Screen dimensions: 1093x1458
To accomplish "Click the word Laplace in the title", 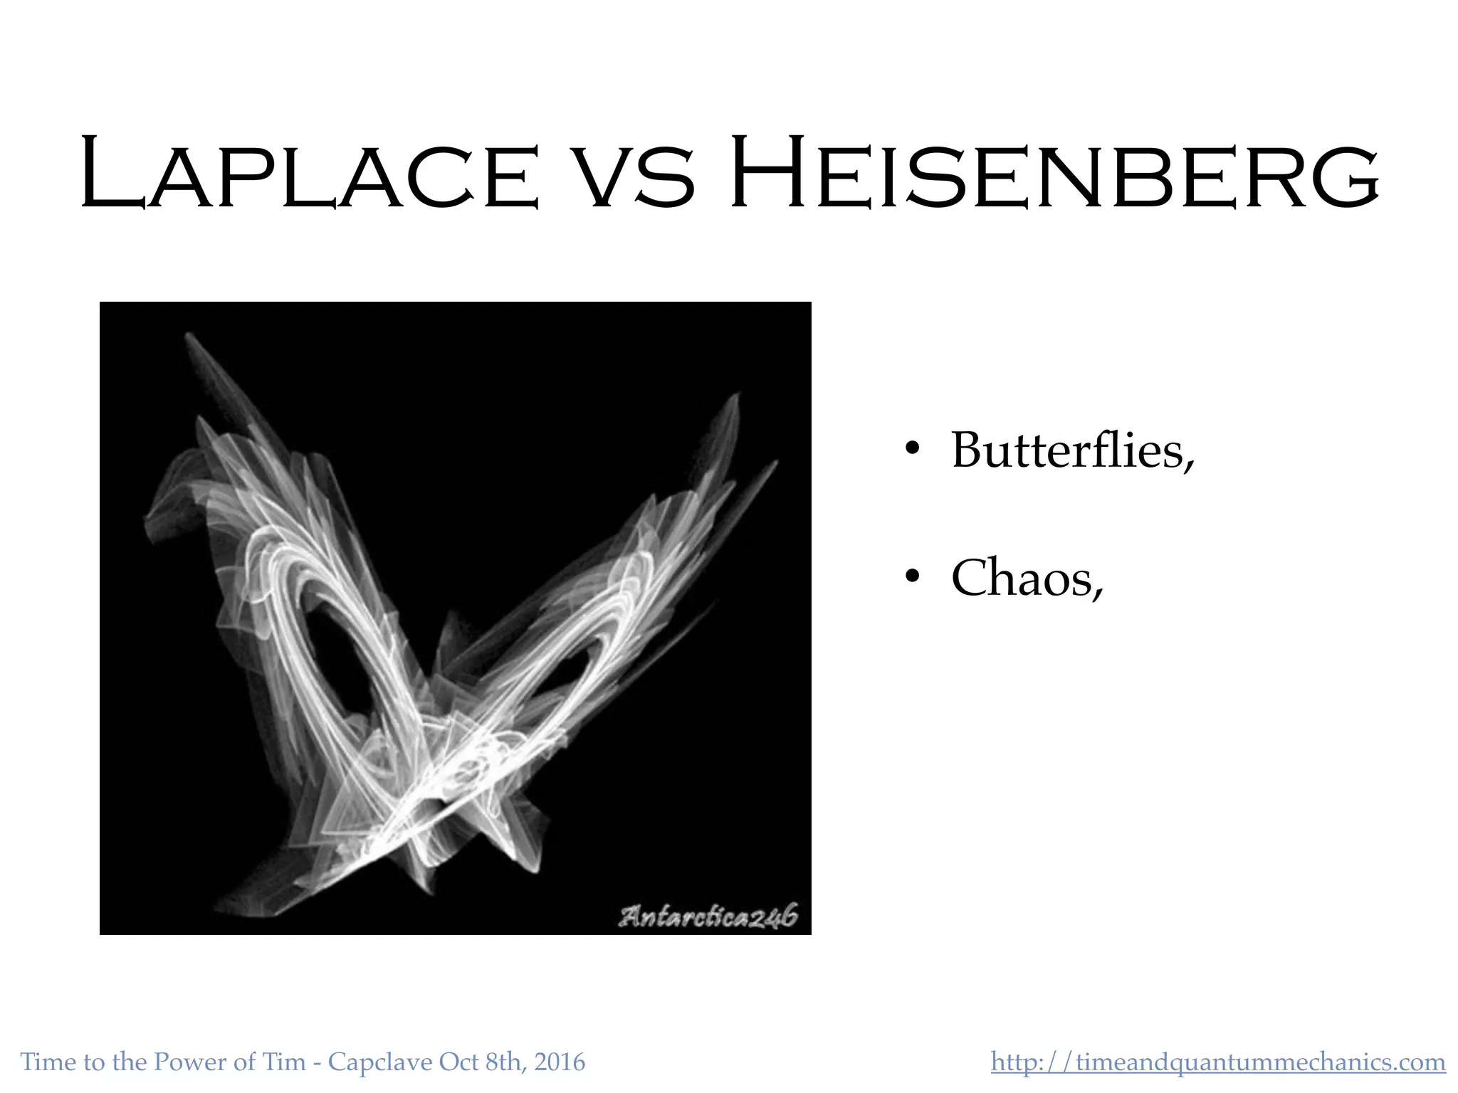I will point(310,174).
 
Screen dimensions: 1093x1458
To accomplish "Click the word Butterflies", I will point(1071,450).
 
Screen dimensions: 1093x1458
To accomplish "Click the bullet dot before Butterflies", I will point(912,450).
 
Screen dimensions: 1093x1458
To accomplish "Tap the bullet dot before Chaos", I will point(912,577).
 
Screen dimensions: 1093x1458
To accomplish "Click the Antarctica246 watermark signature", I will point(708,917).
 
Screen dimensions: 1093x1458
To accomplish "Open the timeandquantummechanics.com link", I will point(1218,1062).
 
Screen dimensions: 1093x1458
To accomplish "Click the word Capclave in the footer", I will point(380,1062).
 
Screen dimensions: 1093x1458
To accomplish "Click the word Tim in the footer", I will point(285,1062).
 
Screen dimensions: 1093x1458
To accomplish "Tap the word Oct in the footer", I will point(458,1062).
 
